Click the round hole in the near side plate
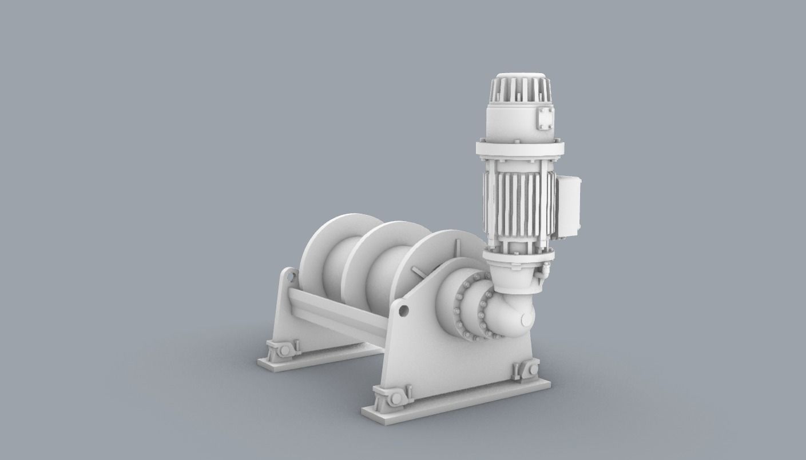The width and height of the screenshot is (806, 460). (x=403, y=310)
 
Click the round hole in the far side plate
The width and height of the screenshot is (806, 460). (x=290, y=278)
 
